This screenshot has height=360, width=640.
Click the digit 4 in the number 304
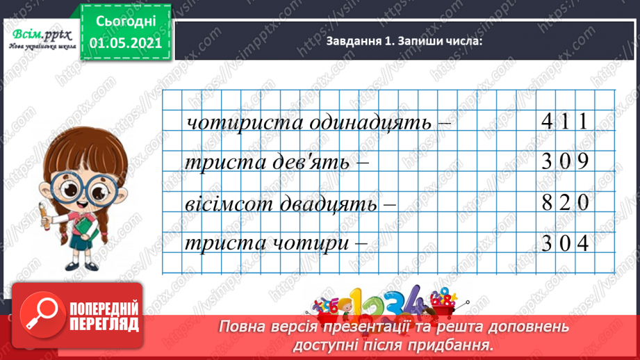click(583, 245)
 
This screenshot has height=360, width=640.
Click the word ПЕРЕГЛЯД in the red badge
click(105, 323)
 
